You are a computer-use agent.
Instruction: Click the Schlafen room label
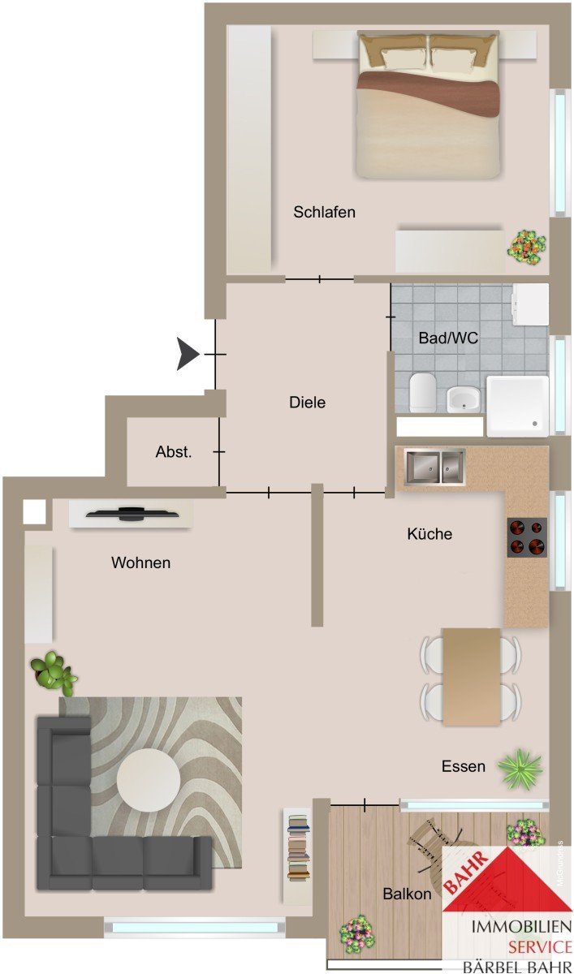point(324,212)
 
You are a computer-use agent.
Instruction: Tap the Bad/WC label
point(448,338)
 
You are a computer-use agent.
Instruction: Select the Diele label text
point(308,403)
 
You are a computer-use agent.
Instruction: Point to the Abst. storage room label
point(174,452)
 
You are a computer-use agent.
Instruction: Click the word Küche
point(429,534)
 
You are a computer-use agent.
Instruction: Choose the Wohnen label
point(141,562)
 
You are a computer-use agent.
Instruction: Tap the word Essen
point(464,766)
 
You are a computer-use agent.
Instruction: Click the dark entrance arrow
point(188,354)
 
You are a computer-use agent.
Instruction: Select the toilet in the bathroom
point(423,393)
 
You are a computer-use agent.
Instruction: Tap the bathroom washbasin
point(464,399)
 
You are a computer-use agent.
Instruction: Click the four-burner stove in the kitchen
point(527,537)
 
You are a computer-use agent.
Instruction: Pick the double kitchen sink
point(435,467)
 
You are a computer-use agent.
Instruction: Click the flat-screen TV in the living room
point(132,514)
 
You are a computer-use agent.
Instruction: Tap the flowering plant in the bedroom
point(527,247)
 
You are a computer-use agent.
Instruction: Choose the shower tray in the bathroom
point(517,406)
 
